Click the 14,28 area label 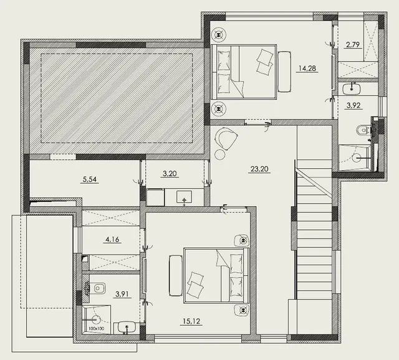coord(307,68)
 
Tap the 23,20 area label coord(259,169)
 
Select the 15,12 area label coord(191,321)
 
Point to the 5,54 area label coord(90,179)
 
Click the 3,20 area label coord(170,174)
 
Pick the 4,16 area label coord(112,239)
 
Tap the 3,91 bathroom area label coord(122,294)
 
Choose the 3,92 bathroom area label coord(353,105)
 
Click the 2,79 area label coord(353,45)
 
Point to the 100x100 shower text coord(97,328)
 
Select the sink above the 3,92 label coord(352,89)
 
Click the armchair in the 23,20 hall coord(226,138)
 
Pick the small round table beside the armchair coord(220,154)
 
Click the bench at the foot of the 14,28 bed coord(284,72)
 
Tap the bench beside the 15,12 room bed coord(176,276)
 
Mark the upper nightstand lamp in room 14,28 coord(219,34)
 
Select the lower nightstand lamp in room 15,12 coord(243,310)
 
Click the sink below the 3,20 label coord(185,197)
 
